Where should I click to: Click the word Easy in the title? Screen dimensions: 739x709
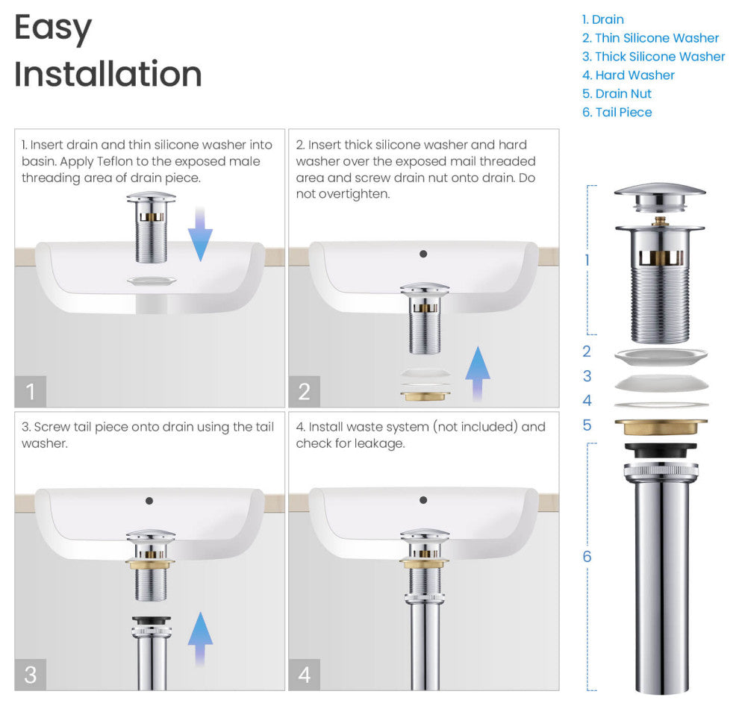53,28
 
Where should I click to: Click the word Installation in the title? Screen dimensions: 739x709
108,74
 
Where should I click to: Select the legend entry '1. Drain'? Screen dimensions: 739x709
603,19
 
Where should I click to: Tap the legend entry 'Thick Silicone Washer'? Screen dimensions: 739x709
660,57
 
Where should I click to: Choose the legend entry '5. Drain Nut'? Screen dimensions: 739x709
617,93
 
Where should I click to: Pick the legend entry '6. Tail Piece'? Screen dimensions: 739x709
617,112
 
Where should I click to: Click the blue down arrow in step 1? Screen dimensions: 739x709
200,234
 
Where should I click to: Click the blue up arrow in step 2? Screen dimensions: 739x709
478,374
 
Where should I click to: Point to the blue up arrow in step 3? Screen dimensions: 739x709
200,639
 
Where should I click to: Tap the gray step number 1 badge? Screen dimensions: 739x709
30,392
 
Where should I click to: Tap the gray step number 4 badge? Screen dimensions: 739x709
304,675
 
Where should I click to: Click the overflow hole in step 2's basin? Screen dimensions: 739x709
423,254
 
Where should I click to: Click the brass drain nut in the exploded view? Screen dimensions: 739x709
661,426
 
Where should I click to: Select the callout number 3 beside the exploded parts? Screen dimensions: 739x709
587,376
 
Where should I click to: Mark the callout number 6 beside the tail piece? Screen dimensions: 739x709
587,556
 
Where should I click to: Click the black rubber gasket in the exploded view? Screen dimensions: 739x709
661,450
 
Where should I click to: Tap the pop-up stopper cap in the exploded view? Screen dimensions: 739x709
660,198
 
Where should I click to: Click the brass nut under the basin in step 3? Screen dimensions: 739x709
150,564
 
